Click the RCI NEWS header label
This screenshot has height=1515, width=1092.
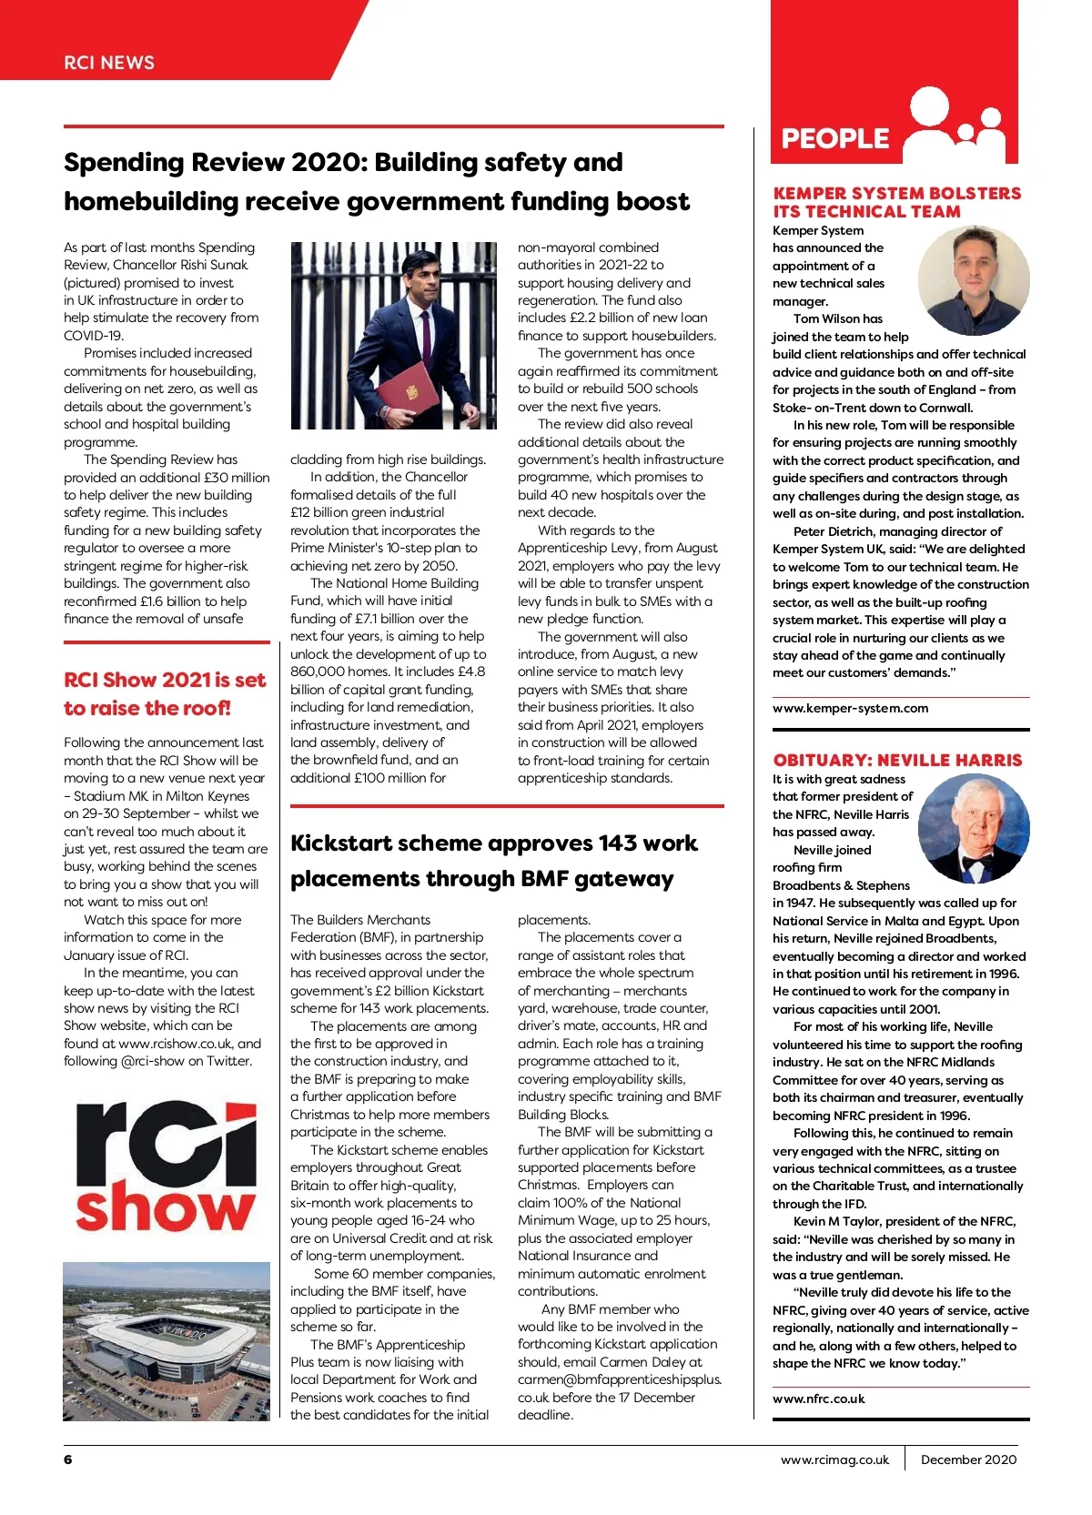109,63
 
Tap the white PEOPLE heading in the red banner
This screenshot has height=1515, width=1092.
834,138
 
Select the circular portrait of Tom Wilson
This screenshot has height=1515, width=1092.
973,281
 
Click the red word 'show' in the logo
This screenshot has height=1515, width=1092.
166,1207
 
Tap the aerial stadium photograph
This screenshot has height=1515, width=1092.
167,1341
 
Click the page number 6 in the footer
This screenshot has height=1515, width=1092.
68,1459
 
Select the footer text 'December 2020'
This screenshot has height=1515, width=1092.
968,1459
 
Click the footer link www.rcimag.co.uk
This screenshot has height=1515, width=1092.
834,1459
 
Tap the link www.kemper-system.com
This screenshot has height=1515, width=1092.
850,708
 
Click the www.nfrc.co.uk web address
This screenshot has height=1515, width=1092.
818,1399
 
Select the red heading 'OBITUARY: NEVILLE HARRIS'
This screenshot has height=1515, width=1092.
897,760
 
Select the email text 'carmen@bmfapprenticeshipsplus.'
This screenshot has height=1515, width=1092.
619,1379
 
